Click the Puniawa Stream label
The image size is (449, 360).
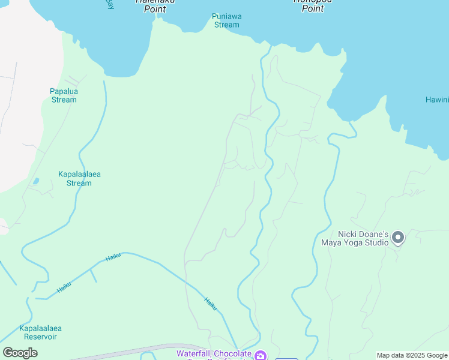(226, 20)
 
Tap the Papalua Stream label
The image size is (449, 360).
(64, 95)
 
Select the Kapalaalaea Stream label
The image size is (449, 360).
(79, 178)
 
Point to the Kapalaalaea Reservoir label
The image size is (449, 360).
(41, 332)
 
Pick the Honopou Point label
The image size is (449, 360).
(312, 5)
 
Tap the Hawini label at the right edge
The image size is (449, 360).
(437, 100)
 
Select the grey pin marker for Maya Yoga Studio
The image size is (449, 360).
(398, 238)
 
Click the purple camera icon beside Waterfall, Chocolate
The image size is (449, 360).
(261, 355)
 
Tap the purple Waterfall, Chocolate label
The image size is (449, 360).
(214, 354)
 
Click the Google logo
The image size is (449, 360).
(20, 353)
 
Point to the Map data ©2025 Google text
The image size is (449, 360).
(412, 355)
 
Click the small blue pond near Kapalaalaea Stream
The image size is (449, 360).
(36, 181)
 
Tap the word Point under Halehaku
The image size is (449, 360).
(155, 9)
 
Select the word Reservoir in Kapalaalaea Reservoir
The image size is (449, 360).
(41, 337)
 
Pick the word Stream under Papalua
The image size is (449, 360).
(64, 100)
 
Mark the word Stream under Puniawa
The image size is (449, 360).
(226, 25)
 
